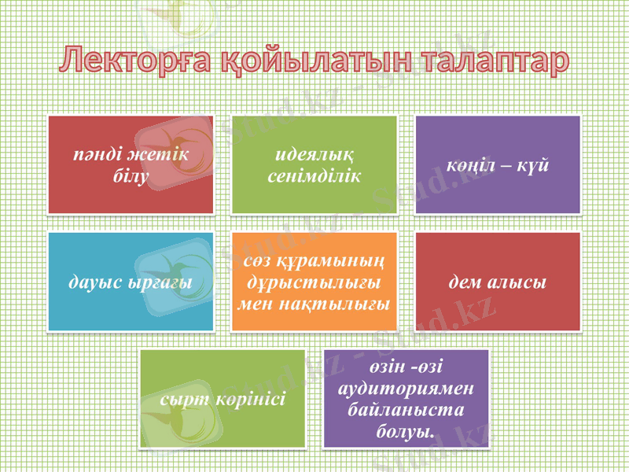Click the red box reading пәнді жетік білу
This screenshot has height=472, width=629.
(x=131, y=164)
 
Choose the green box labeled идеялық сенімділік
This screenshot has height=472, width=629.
(x=314, y=164)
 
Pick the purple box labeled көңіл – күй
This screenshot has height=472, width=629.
(x=498, y=164)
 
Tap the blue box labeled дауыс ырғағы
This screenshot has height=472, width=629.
(x=131, y=281)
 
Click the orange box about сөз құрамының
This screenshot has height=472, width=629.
(x=314, y=281)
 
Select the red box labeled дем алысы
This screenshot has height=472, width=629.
(x=498, y=281)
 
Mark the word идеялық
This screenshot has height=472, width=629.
(x=314, y=153)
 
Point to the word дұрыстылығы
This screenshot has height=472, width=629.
(x=314, y=281)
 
